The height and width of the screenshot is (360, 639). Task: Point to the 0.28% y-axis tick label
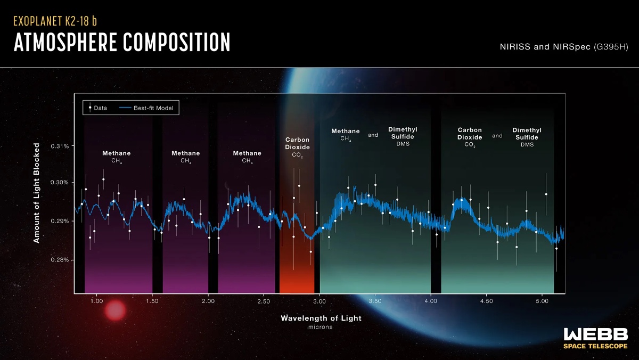(x=60, y=260)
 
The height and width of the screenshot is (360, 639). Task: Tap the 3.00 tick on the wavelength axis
(x=319, y=301)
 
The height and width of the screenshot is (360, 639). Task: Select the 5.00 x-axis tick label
(x=542, y=301)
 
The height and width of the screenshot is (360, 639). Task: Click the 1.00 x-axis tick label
(x=96, y=301)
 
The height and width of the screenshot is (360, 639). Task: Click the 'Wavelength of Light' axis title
(x=321, y=318)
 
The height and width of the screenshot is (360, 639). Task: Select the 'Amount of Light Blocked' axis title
(x=37, y=193)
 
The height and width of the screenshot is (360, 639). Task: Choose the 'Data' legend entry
(x=97, y=108)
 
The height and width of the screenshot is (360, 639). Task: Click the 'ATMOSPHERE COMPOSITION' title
(x=122, y=43)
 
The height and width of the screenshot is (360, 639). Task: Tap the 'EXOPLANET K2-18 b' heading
(x=55, y=22)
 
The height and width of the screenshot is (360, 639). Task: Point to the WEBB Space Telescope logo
(x=595, y=339)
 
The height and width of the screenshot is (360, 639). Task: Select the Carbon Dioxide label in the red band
(x=297, y=147)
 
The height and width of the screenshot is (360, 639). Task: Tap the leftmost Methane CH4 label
(x=117, y=157)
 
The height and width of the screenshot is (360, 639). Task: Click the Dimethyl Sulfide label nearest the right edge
(x=527, y=137)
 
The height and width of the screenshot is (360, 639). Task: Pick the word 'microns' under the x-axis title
(x=321, y=327)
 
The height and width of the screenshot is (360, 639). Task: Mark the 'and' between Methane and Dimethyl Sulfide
(x=373, y=135)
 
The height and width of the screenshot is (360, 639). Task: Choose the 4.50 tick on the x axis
(x=486, y=301)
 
